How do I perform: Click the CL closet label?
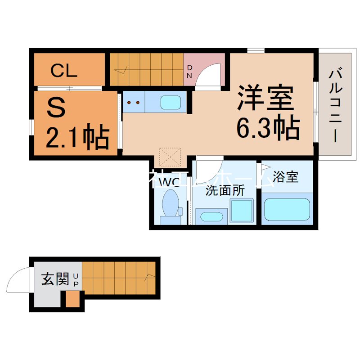pyautogui.click(x=64, y=71)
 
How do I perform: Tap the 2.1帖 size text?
pyautogui.click(x=77, y=137)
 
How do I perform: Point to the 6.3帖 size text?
pyautogui.click(x=268, y=130)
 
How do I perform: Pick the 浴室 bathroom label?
pyautogui.click(x=285, y=177)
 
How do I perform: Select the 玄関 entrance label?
pyautogui.click(x=55, y=279)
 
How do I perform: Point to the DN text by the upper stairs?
pyautogui.click(x=189, y=72)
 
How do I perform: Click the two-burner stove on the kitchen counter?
pyautogui.click(x=134, y=102)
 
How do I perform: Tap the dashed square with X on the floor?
pyautogui.click(x=170, y=157)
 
